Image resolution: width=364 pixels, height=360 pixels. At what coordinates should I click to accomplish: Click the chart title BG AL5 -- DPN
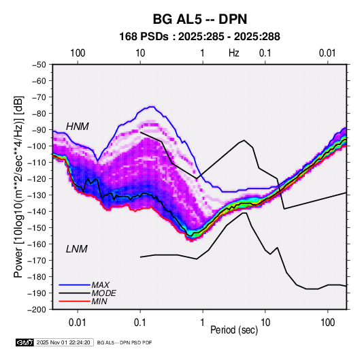point(200,19)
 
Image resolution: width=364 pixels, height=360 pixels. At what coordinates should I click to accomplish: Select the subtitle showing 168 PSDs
point(199,37)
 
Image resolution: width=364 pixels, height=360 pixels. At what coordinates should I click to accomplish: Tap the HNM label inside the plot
point(78,127)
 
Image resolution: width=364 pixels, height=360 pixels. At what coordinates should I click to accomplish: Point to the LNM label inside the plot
point(77,249)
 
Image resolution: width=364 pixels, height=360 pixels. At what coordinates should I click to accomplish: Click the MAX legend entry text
point(100,285)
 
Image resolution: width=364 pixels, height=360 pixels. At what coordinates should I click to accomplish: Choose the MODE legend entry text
point(104,293)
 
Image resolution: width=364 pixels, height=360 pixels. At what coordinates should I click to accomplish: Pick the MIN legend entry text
point(99,301)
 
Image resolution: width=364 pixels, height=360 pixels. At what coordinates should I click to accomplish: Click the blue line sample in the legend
point(74,285)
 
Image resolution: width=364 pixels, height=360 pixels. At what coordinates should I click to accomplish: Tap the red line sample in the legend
point(74,301)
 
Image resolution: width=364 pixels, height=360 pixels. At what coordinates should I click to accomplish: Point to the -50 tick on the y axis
point(39,65)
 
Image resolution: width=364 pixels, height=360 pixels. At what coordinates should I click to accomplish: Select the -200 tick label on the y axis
point(37,310)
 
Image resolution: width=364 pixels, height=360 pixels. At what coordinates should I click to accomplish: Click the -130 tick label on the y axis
point(37,195)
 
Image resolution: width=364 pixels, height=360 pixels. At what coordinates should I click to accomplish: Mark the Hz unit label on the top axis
point(234,53)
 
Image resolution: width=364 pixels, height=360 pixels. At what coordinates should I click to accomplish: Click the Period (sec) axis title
point(234,330)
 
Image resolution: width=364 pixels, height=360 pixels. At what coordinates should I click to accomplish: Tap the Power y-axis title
point(18,186)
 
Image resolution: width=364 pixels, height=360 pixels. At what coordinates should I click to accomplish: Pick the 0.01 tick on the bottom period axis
point(78,323)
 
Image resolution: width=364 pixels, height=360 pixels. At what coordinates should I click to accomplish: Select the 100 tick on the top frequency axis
point(78,53)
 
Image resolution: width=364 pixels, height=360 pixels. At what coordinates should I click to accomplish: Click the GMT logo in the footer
point(25,342)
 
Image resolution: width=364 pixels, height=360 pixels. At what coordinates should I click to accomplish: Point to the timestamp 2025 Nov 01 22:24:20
point(63,342)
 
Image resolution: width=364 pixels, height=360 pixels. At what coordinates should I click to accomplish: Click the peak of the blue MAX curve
point(152,107)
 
